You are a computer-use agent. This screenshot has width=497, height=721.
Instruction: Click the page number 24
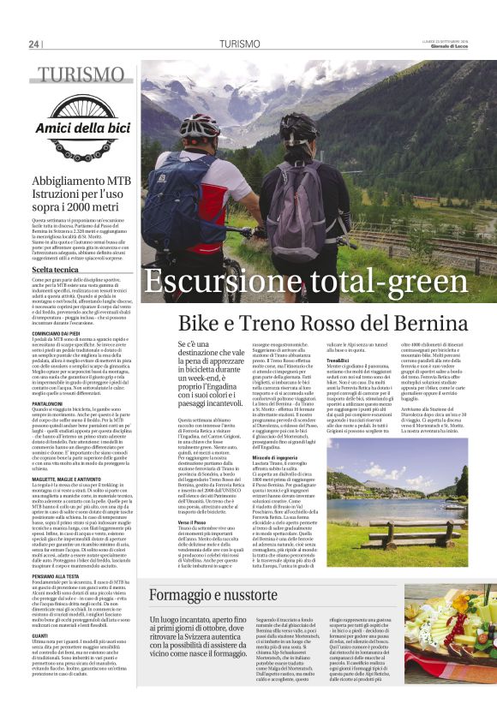click(34, 44)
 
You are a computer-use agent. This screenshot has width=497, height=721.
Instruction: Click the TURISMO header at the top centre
click(239, 43)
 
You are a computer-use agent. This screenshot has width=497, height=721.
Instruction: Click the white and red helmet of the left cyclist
click(198, 127)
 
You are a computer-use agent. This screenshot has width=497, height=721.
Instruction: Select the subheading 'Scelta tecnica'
click(56, 269)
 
